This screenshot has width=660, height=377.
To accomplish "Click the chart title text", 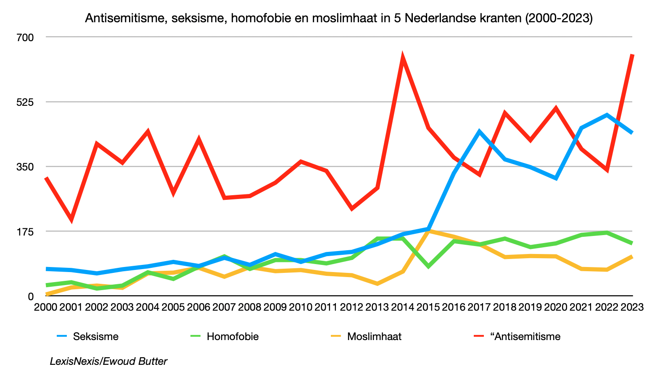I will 339,18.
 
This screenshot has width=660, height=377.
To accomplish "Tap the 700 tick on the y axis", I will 25,37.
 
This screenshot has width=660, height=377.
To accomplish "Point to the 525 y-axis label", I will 25,102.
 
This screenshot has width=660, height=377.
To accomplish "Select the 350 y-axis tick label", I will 25,167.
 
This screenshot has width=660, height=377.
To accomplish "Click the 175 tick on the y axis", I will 25,231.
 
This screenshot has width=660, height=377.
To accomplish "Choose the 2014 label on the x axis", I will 403,307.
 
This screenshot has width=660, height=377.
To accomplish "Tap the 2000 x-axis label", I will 45,307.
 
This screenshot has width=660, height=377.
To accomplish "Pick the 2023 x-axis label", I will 632,307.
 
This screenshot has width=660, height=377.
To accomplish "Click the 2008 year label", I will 250,307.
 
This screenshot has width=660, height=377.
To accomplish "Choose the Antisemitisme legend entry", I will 525,336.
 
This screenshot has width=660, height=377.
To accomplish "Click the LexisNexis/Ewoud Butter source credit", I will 108,361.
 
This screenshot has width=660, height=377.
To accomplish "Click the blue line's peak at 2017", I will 479,131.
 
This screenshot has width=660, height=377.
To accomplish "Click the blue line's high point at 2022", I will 607,114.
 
